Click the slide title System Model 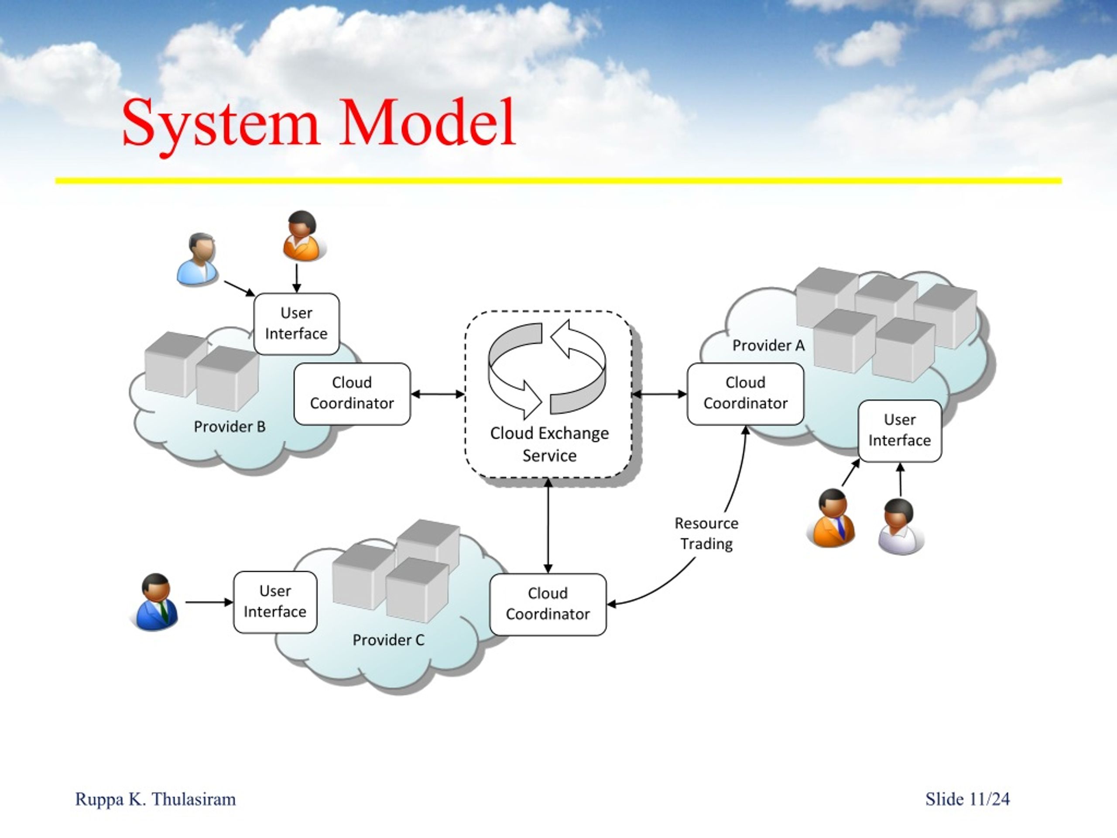pyautogui.click(x=319, y=123)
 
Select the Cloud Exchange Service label pyautogui.click(x=549, y=444)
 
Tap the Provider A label pyautogui.click(x=768, y=346)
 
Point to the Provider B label pyautogui.click(x=230, y=427)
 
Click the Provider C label pyautogui.click(x=388, y=640)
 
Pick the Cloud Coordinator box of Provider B pyautogui.click(x=352, y=394)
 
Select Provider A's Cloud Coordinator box pyautogui.click(x=745, y=394)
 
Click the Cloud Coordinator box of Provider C pyautogui.click(x=548, y=604)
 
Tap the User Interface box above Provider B pyautogui.click(x=296, y=324)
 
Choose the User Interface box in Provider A pyautogui.click(x=900, y=431)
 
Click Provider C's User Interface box pyautogui.click(x=275, y=602)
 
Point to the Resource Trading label pyautogui.click(x=706, y=533)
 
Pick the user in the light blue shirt pyautogui.click(x=198, y=260)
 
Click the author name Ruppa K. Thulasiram pyautogui.click(x=155, y=799)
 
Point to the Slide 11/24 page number pyautogui.click(x=967, y=799)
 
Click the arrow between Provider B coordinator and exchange pyautogui.click(x=438, y=394)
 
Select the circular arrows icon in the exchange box pyautogui.click(x=547, y=369)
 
